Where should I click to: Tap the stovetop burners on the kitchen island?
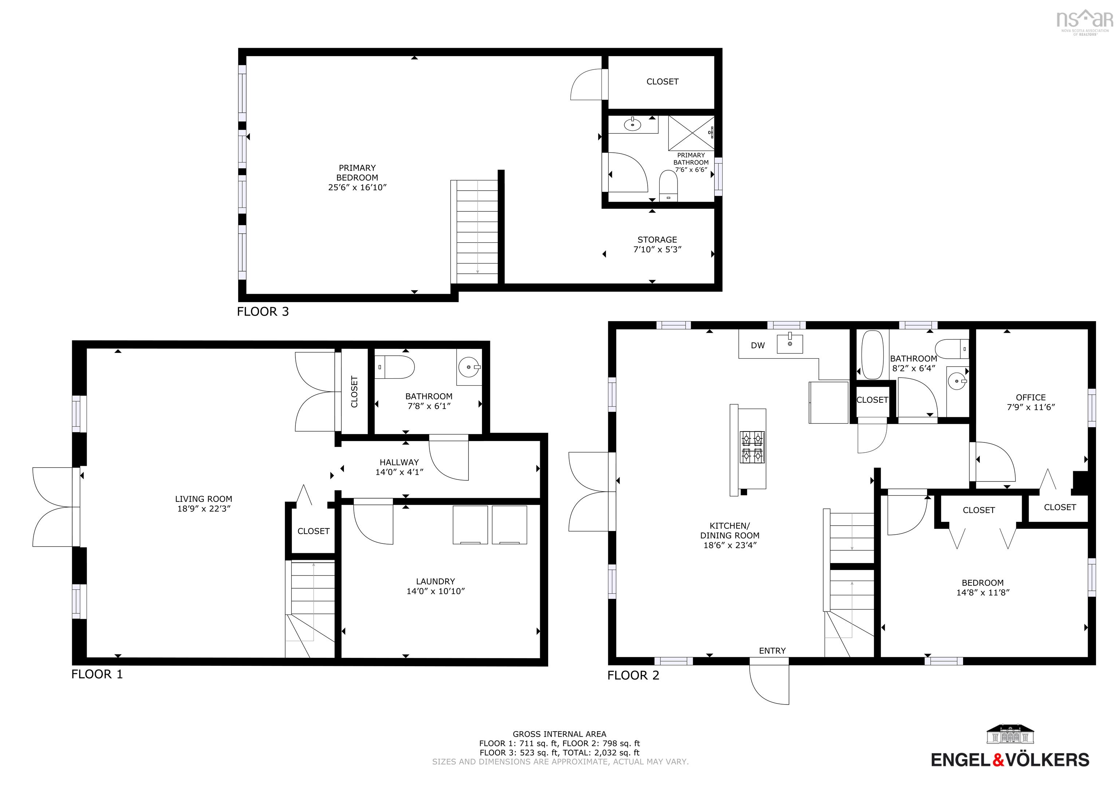coord(752,447)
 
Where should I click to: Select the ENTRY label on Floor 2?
coord(772,651)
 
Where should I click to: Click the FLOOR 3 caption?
coord(263,312)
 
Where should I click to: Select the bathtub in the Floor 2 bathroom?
coord(872,355)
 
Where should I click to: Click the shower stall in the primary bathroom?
coord(691,133)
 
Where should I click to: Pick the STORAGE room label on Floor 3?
coord(657,239)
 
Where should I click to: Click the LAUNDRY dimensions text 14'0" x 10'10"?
coord(435,591)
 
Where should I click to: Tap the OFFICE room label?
coord(1030,398)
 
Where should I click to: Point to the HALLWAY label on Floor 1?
coord(399,462)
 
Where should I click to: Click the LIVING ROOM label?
coord(203,499)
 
